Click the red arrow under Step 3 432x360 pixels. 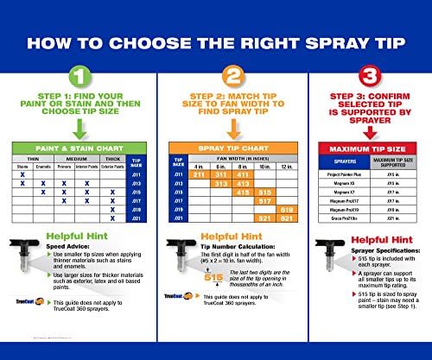click(356, 131)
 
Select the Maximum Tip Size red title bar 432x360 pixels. click(356, 150)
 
